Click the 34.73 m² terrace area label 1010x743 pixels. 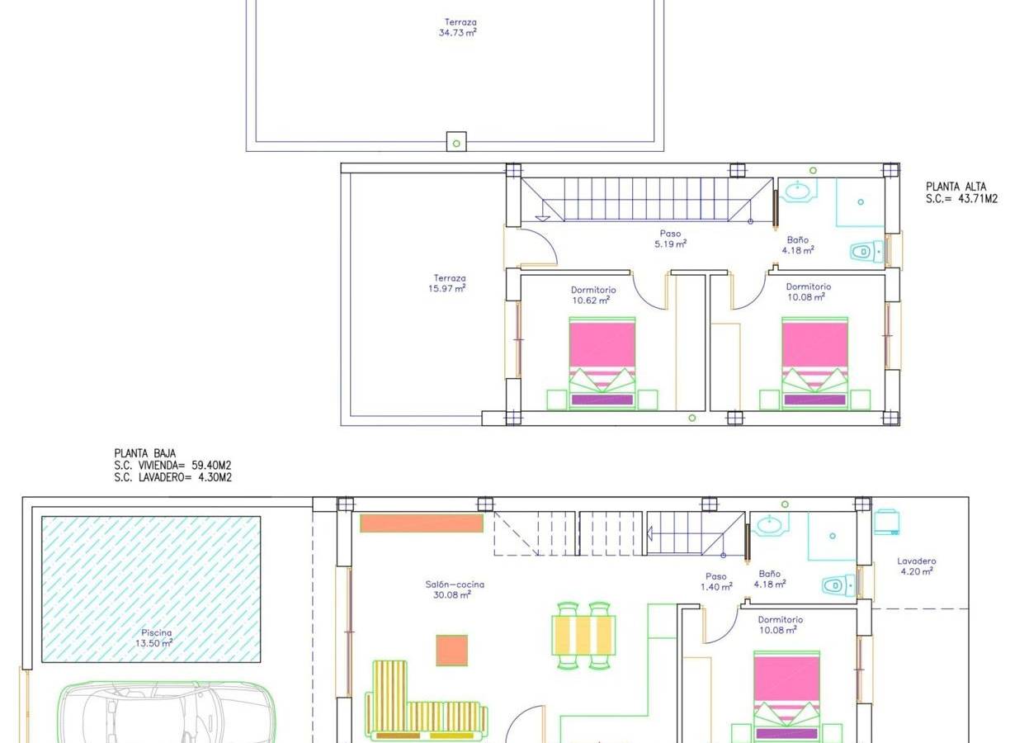click(458, 27)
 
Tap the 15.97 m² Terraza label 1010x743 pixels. click(447, 283)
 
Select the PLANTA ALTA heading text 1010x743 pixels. click(956, 187)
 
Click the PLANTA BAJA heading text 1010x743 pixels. click(144, 453)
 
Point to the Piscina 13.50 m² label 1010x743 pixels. click(154, 638)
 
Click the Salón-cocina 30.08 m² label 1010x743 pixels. click(455, 589)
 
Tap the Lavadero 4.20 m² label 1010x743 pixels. click(917, 566)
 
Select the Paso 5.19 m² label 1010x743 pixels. click(671, 239)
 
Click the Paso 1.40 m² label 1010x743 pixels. click(716, 581)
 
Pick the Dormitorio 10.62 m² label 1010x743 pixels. click(593, 295)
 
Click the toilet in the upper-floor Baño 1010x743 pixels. click(867, 251)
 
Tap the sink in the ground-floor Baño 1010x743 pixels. click(773, 525)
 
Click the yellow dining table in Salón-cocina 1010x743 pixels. click(583, 635)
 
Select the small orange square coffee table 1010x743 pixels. click(452, 650)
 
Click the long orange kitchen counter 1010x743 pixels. click(422, 523)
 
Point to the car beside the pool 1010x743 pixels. click(166, 712)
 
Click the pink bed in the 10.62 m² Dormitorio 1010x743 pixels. click(602, 363)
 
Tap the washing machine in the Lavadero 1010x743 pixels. click(887, 523)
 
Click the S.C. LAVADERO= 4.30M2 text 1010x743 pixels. click(172, 477)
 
